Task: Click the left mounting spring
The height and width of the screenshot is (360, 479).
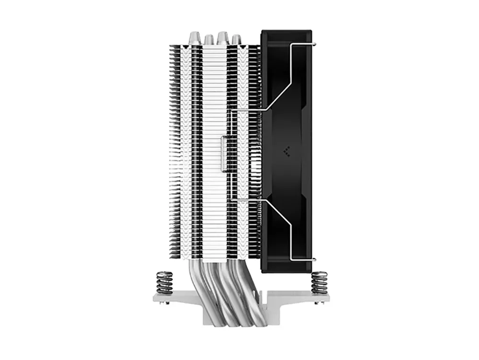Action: [164, 282]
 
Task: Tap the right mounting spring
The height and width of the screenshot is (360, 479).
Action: [319, 282]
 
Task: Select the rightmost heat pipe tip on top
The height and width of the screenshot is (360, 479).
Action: [236, 40]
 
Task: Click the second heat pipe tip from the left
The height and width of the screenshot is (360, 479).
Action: [209, 40]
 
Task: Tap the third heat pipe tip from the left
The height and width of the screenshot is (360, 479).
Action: [222, 38]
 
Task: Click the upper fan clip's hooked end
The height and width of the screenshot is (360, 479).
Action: [312, 45]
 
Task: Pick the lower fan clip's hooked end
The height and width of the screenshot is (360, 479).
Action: [312, 259]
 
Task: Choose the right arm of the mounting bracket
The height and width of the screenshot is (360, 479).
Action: [307, 298]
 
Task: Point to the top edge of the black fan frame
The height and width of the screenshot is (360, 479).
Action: [286, 32]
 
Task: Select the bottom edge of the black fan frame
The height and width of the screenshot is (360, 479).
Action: [286, 271]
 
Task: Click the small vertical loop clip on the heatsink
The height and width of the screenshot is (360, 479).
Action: [223, 153]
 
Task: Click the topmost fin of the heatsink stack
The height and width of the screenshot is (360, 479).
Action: [216, 46]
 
